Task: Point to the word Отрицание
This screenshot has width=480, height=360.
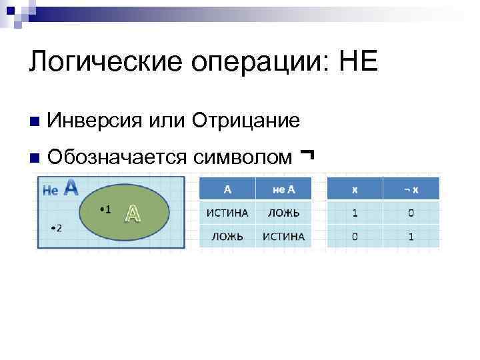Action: tap(245, 121)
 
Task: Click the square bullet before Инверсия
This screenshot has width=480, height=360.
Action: tap(34, 122)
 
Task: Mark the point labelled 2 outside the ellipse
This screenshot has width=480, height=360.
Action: tap(55, 228)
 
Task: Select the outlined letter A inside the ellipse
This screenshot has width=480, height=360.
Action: tap(133, 213)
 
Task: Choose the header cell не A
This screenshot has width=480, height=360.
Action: tap(283, 189)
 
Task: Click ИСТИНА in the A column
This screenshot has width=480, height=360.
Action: tap(227, 213)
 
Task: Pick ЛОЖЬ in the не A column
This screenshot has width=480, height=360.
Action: tap(283, 213)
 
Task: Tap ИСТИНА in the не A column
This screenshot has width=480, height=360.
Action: tap(283, 236)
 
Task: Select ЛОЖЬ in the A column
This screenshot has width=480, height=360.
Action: tap(227, 236)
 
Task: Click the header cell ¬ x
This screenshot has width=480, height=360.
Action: tap(411, 189)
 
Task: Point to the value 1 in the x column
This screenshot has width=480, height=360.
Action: tap(355, 213)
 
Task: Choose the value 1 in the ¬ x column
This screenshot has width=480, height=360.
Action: tap(411, 236)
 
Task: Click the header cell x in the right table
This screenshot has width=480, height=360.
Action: tap(355, 189)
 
